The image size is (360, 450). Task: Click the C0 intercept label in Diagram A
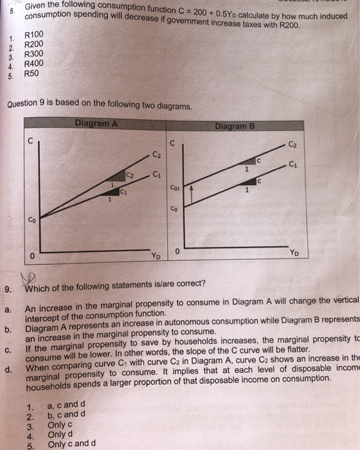point(32,219)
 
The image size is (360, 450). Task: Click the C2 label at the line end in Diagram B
point(292,144)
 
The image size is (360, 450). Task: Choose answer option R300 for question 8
point(33,54)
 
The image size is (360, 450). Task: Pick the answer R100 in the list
point(33,34)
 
